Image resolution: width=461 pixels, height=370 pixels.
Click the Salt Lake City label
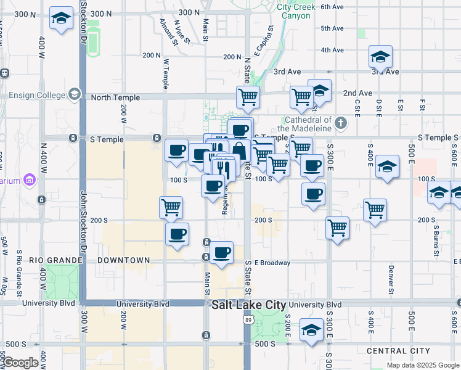click(x=248, y=305)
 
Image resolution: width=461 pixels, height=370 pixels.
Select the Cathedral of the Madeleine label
click(x=308, y=123)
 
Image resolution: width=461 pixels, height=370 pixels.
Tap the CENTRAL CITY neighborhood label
click(x=394, y=351)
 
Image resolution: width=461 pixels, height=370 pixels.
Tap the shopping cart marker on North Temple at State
click(x=248, y=96)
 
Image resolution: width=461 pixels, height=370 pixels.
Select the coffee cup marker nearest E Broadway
click(x=222, y=252)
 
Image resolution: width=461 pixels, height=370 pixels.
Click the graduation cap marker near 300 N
click(x=61, y=18)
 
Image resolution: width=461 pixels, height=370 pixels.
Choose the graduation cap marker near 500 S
click(x=312, y=329)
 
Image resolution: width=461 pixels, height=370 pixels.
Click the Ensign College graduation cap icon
click(x=75, y=94)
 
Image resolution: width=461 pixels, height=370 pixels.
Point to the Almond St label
click(x=168, y=33)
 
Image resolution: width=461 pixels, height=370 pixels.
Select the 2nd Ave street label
click(x=358, y=93)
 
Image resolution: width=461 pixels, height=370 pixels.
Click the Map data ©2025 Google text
click(x=422, y=365)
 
